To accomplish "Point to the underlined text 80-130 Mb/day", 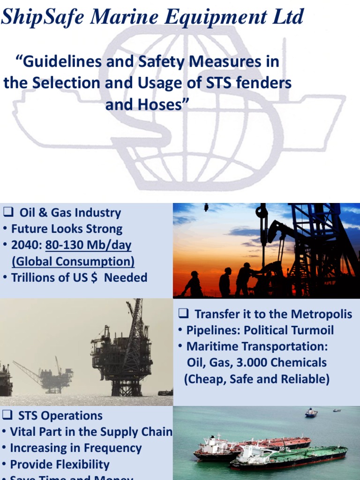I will pyautogui.click(x=89, y=245).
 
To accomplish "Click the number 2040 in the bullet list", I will pyautogui.click(x=26, y=245).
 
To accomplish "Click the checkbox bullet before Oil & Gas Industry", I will pyautogui.click(x=7, y=212).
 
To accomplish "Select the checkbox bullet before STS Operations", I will pyautogui.click(x=7, y=415).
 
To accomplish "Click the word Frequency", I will pyautogui.click(x=112, y=448).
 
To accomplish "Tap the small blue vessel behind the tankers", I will pyautogui.click(x=311, y=412).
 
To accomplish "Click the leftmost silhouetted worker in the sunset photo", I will pyautogui.click(x=193, y=285).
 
